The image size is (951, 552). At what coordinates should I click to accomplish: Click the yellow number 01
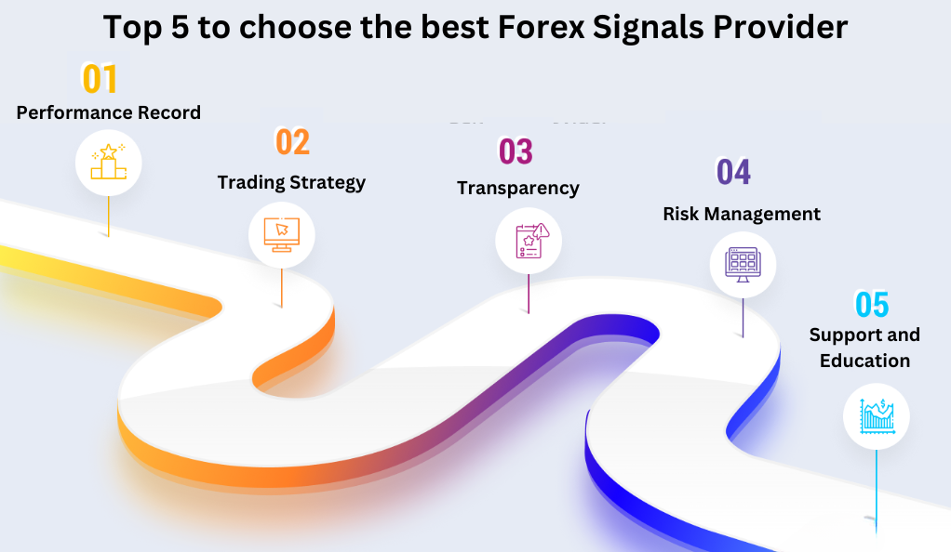100,79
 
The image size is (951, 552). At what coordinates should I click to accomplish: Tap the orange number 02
293,142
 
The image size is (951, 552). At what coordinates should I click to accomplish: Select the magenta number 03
516,151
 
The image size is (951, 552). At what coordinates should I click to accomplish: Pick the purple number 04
734,172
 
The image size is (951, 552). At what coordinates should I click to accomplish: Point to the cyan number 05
872,304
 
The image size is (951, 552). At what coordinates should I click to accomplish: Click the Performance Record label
109,112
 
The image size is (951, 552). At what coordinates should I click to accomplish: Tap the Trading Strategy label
292,182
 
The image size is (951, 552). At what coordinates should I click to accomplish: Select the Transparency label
518,189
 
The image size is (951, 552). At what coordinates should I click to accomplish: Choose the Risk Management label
742,214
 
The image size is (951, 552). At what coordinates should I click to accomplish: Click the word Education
864,361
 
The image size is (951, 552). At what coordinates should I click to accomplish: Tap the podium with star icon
109,162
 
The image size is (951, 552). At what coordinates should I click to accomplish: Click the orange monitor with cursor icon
281,234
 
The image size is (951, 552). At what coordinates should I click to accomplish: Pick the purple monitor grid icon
743,265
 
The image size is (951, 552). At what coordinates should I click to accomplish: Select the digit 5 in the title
181,28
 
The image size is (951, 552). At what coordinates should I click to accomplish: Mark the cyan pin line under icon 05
877,492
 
